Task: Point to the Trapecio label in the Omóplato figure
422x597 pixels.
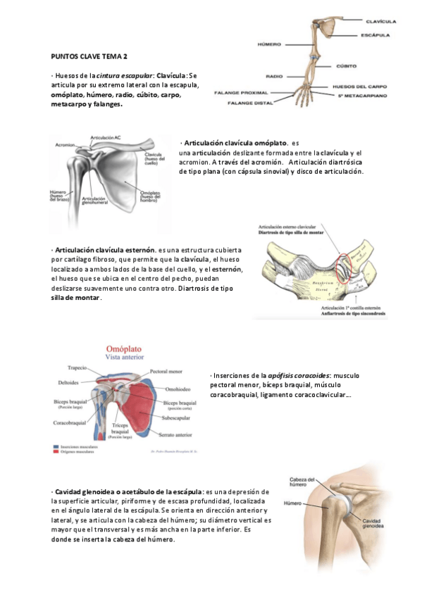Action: tap(77, 367)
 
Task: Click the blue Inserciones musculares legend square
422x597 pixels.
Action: tap(56, 446)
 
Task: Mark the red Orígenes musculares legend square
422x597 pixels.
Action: tap(56, 453)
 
